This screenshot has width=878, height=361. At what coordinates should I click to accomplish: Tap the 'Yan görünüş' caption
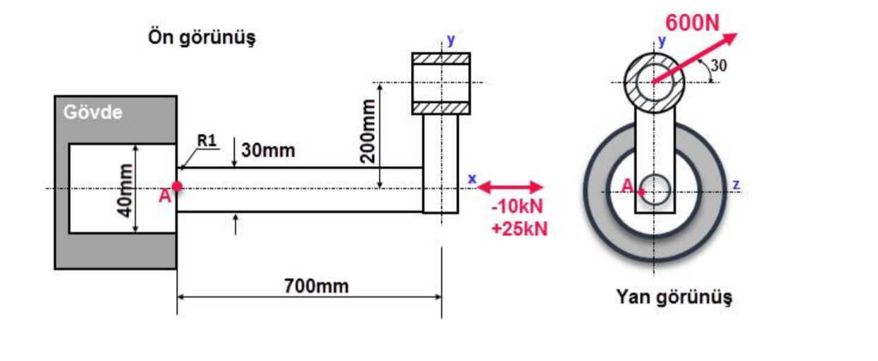tap(674, 297)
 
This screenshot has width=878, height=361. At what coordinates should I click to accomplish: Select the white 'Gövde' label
tap(93, 113)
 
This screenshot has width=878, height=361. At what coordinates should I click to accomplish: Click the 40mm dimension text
tap(125, 190)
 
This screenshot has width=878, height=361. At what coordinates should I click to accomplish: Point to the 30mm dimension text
tap(268, 151)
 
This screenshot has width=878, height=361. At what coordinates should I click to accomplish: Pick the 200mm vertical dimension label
tap(368, 131)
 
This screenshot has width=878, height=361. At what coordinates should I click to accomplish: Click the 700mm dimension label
tap(316, 286)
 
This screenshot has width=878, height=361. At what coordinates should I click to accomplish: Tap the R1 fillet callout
tap(206, 141)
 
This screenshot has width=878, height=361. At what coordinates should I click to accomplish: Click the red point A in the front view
tap(177, 186)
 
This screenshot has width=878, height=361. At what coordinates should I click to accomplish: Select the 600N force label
tap(693, 23)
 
